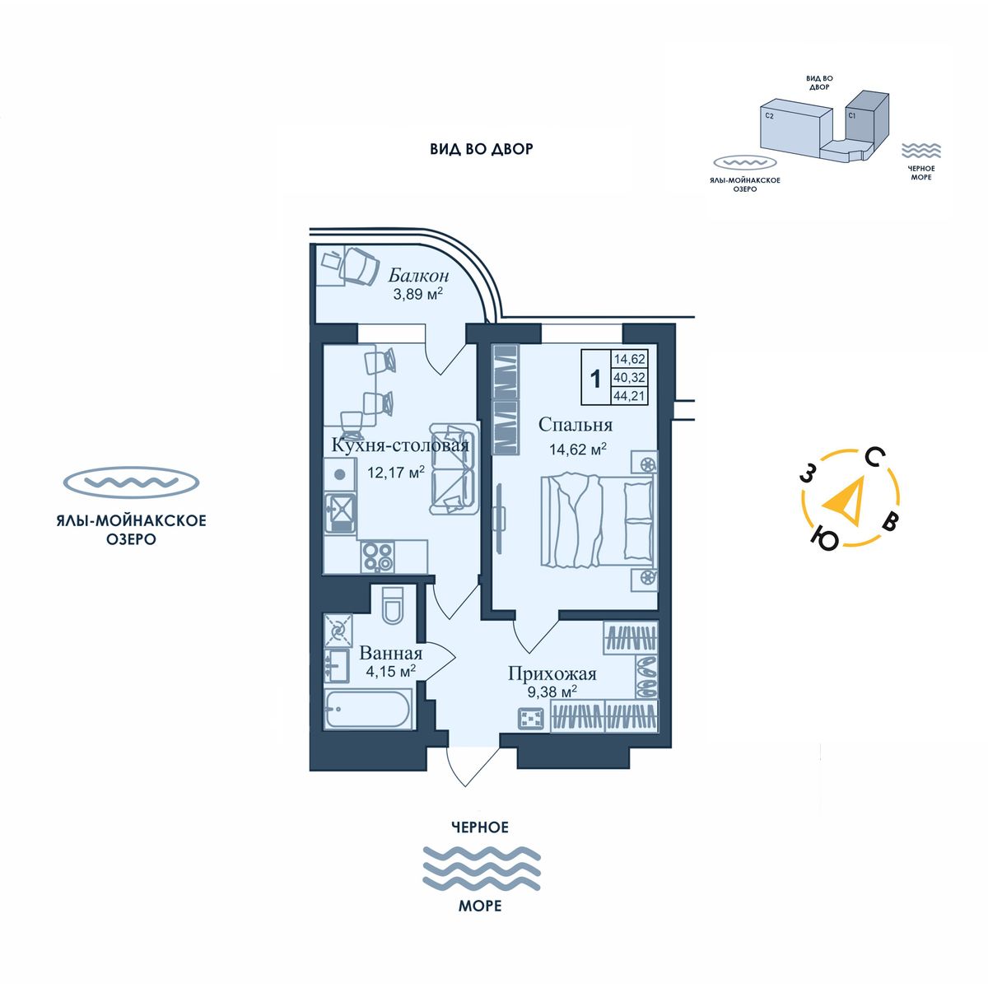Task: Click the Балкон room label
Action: click(x=418, y=276)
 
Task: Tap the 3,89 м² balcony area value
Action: click(x=417, y=294)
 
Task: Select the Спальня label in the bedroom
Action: click(x=576, y=425)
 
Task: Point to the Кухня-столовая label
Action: click(x=400, y=445)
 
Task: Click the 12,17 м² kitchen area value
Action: click(x=396, y=471)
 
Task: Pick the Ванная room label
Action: click(x=391, y=653)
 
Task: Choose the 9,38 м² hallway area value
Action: click(x=552, y=692)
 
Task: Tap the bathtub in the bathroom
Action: click(x=368, y=709)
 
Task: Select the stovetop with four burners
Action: click(x=378, y=557)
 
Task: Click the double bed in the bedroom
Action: click(x=599, y=520)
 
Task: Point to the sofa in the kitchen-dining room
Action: click(x=454, y=468)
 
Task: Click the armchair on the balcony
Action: click(x=360, y=266)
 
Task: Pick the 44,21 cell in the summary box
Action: click(x=629, y=396)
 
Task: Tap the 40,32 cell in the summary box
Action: click(x=629, y=377)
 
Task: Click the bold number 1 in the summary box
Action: click(x=595, y=380)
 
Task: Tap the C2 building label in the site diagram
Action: click(x=769, y=116)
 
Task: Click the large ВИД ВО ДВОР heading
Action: click(x=482, y=149)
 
